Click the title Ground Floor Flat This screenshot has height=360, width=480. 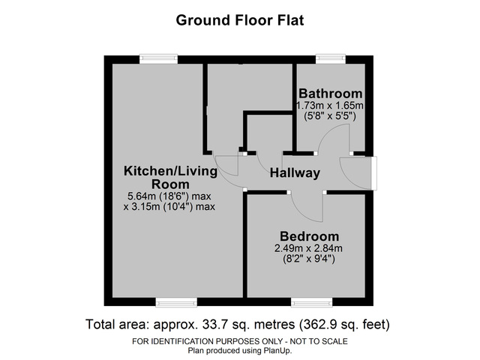pos(240,19)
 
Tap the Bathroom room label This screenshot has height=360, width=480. pos(329,93)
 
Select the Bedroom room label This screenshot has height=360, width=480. pos(309,235)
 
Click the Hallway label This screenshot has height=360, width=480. pos(295,173)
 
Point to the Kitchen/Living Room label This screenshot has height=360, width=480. pos(170,178)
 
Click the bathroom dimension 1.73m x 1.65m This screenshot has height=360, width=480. pos(329,105)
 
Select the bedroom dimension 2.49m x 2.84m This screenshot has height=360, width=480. pos(309,248)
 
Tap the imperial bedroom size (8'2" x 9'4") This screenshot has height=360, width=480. pos(309,259)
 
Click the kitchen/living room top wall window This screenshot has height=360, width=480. pos(158,58)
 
